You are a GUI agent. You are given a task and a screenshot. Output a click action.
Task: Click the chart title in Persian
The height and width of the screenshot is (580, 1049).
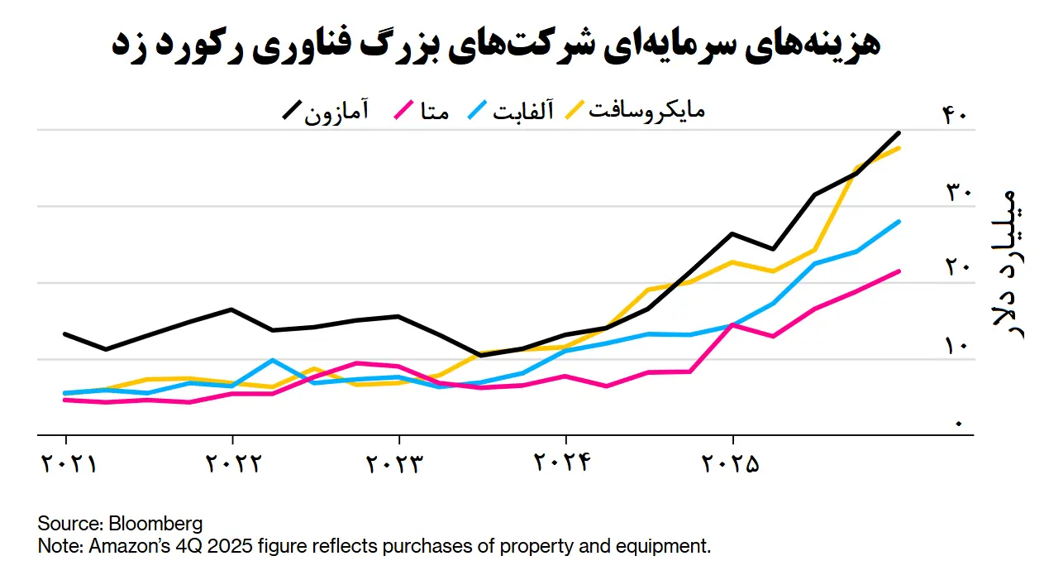pos(495,45)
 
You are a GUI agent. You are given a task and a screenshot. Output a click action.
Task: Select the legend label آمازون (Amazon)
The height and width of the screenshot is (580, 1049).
pos(336,112)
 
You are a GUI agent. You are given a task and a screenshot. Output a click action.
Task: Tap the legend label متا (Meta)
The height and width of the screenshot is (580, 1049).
pos(434,112)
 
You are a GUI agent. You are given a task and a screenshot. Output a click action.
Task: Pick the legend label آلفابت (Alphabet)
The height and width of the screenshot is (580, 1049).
pos(523,112)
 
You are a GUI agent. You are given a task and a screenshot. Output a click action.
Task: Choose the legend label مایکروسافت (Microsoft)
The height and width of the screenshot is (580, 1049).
pos(646,111)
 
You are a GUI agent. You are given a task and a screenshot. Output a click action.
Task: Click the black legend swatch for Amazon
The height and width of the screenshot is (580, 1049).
pos(292,112)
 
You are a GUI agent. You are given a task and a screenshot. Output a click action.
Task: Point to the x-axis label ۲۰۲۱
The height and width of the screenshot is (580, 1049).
pos(69,463)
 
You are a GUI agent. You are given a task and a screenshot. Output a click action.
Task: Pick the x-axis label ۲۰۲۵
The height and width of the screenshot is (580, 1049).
pos(731,463)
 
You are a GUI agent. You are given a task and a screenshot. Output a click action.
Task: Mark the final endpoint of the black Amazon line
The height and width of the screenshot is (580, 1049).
pos(899,133)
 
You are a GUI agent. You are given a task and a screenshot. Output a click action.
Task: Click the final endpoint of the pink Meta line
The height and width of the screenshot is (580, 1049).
pos(899,271)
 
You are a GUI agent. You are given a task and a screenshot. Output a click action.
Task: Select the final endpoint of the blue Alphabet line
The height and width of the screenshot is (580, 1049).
pos(899,222)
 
